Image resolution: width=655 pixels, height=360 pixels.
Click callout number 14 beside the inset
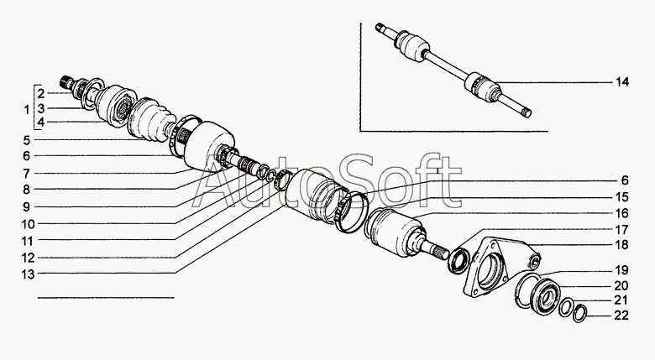(x=622, y=82)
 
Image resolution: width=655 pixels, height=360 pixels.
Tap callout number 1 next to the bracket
(x=27, y=110)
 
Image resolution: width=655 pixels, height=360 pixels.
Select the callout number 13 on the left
(x=29, y=274)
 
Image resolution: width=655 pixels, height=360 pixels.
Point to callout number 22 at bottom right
(x=621, y=316)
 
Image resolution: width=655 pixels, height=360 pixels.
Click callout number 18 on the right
(x=622, y=245)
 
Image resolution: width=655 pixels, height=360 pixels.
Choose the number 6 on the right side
(x=625, y=180)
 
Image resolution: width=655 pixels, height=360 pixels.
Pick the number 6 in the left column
(x=27, y=156)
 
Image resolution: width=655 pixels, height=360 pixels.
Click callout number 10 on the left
(x=29, y=224)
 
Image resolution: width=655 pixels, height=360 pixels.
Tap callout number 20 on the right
(x=621, y=285)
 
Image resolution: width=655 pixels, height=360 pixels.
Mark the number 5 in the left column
(x=27, y=140)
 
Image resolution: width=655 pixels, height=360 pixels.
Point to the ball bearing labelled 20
(x=544, y=296)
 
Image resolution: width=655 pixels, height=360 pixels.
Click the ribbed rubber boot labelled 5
(x=149, y=119)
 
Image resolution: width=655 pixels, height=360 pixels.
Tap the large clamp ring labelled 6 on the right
(x=351, y=211)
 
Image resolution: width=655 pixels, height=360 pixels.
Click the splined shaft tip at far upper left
(x=65, y=81)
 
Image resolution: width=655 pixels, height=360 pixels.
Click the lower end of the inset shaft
(x=527, y=112)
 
